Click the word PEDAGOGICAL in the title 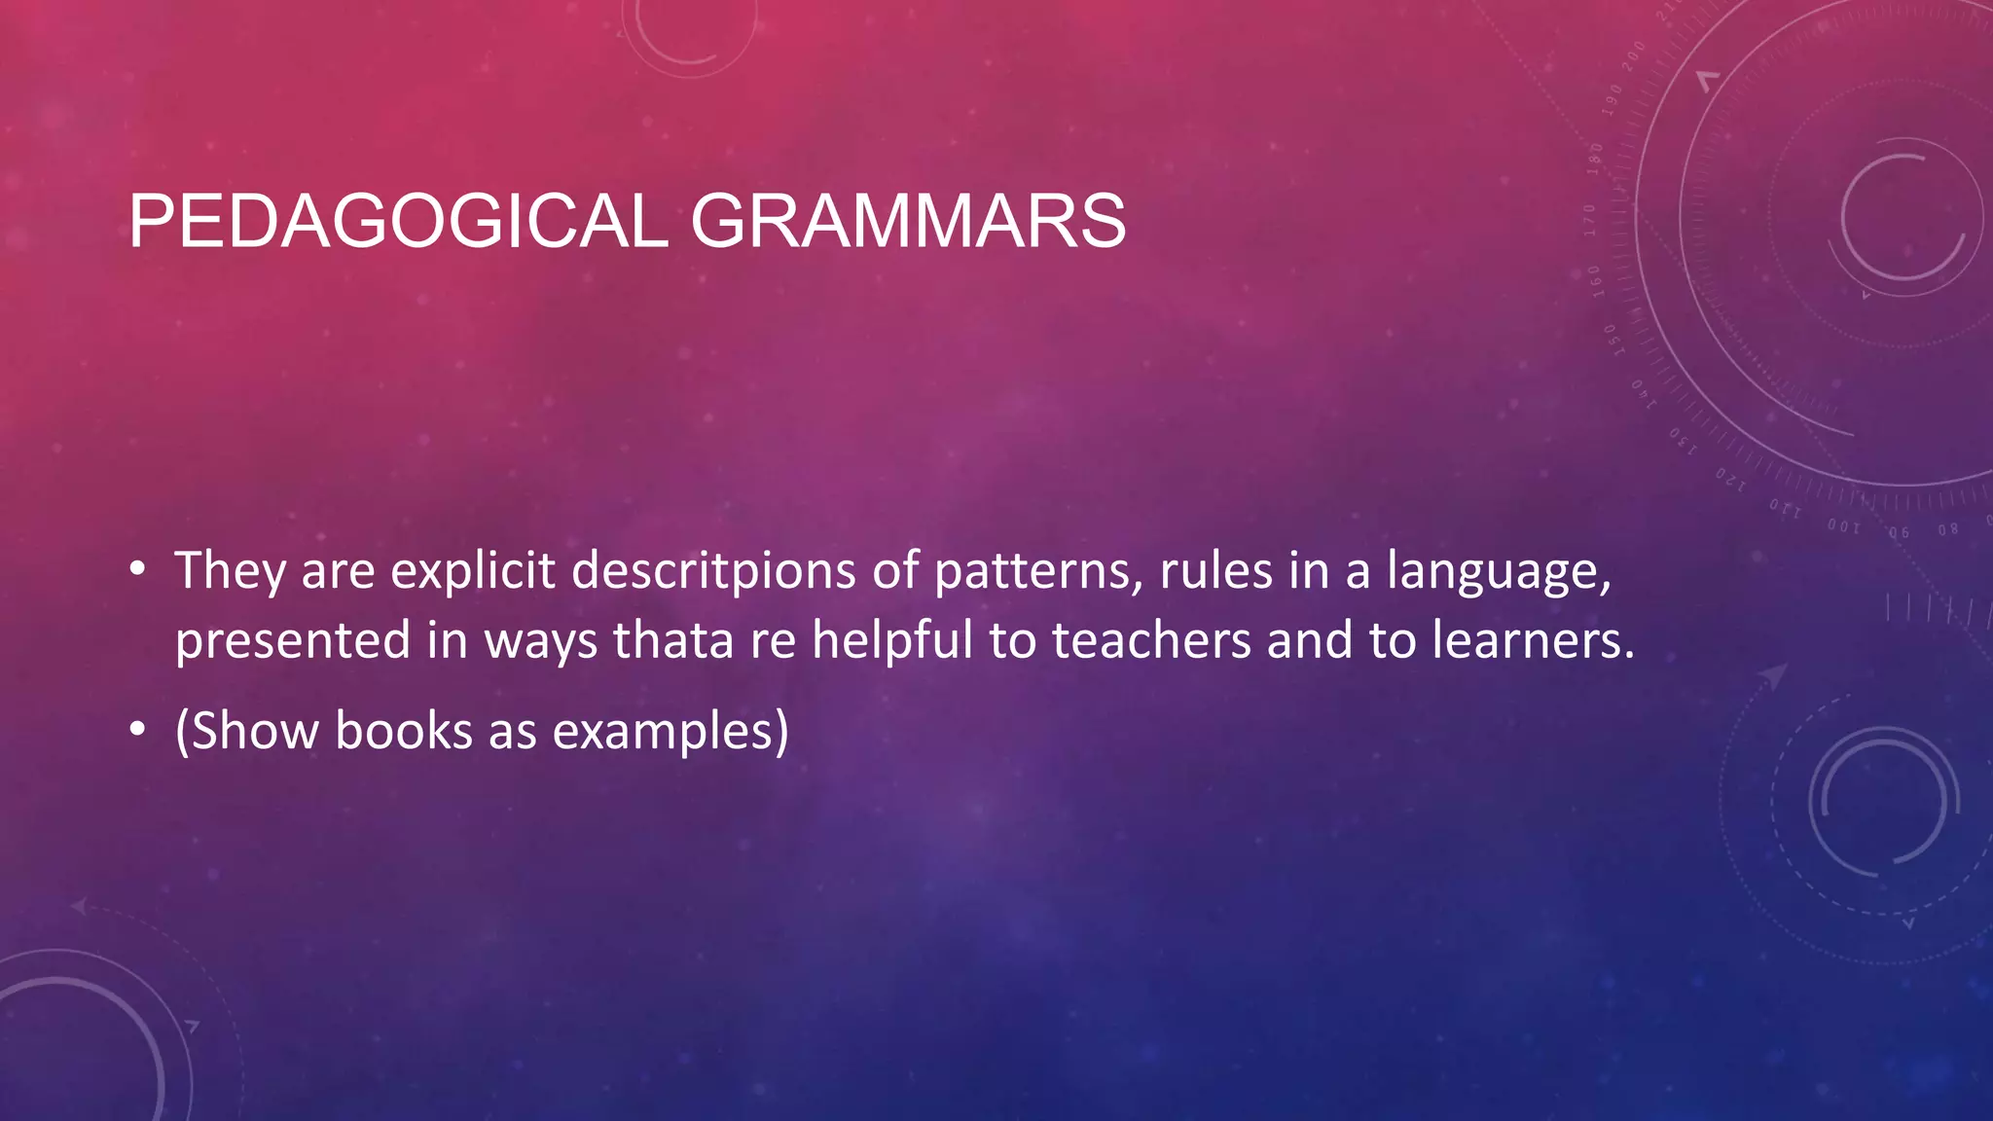click(x=398, y=222)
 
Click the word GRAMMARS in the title click(x=908, y=222)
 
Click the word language click(x=1499, y=572)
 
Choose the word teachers click(x=1151, y=640)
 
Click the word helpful click(x=892, y=640)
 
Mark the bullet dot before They click(x=138, y=570)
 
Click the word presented click(x=293, y=642)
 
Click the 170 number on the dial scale click(x=1590, y=220)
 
